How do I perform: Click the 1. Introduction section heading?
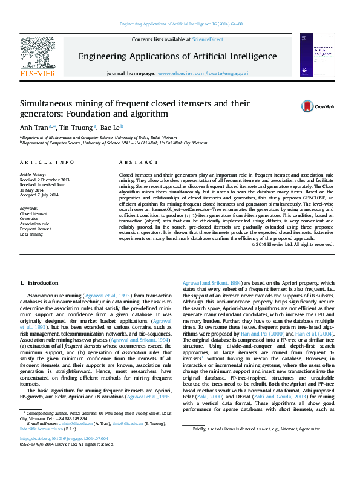click(x=39, y=283)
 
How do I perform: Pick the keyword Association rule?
click(x=35, y=224)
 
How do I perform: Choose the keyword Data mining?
click(x=31, y=233)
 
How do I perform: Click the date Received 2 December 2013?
click(x=45, y=180)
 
